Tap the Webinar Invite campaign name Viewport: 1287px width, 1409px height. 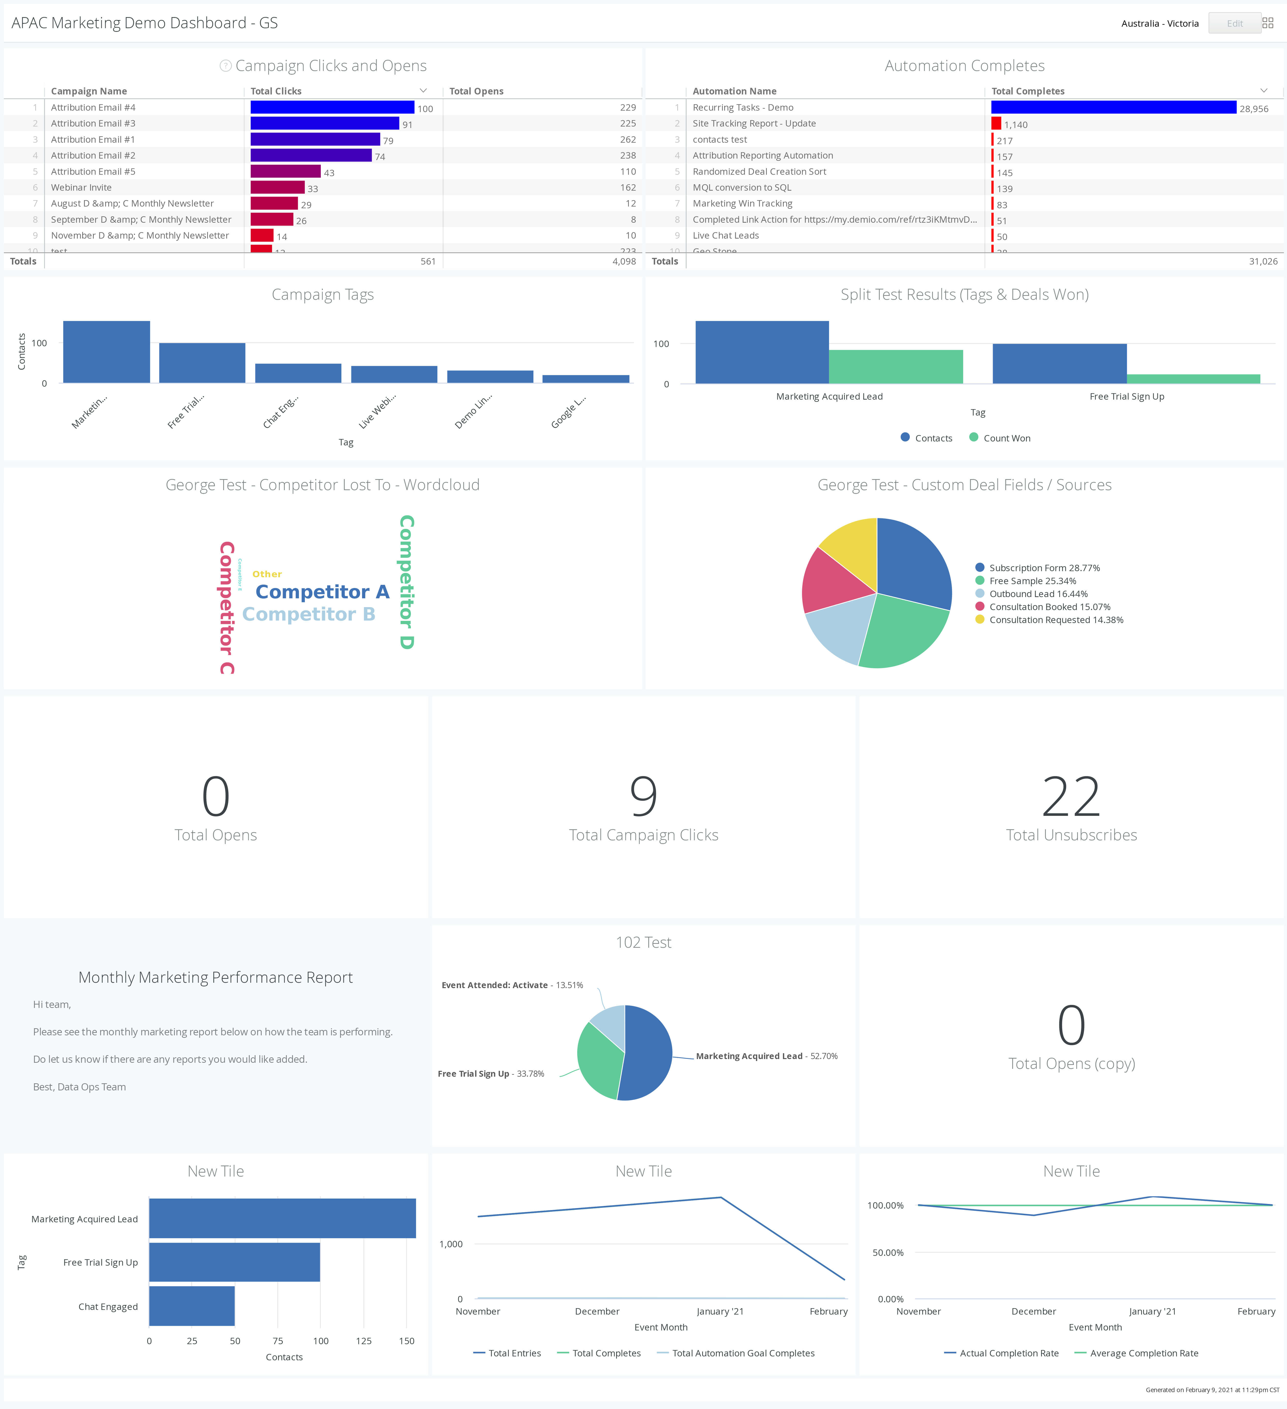(x=81, y=187)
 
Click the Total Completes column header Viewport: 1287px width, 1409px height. (x=1028, y=91)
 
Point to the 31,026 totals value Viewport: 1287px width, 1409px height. (x=1263, y=261)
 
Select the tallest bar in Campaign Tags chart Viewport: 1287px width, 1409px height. (x=106, y=352)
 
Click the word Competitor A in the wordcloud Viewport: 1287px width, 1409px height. (x=322, y=592)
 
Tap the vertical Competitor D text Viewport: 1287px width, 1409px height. (x=407, y=582)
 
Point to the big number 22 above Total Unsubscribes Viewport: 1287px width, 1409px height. (x=1070, y=797)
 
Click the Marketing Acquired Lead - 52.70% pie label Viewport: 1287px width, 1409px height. (x=767, y=1056)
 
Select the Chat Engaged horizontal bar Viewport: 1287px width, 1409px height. (x=192, y=1306)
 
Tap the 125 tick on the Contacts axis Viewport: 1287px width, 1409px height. (x=363, y=1340)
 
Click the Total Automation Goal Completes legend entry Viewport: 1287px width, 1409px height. (x=743, y=1353)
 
